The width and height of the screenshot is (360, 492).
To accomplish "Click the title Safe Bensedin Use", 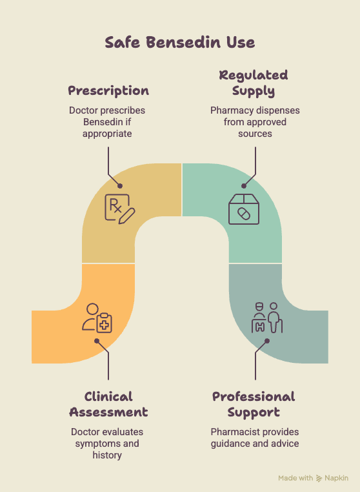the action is click(180, 43).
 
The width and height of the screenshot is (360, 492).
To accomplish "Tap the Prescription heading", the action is click(108, 91).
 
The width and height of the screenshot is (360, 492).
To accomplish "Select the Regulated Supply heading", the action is click(254, 83).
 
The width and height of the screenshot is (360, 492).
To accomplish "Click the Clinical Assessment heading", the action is click(108, 404).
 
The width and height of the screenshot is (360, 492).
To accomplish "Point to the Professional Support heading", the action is click(254, 404).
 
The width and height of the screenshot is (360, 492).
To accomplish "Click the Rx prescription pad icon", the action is click(119, 209).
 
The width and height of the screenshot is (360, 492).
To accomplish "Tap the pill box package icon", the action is click(244, 209).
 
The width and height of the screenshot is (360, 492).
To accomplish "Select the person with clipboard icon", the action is click(97, 318).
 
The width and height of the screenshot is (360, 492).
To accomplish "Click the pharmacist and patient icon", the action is click(267, 318).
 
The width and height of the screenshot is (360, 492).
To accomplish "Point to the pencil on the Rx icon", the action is click(127, 216).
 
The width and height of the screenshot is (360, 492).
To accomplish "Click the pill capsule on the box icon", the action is click(244, 214).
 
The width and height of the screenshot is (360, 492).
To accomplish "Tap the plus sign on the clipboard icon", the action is click(104, 325).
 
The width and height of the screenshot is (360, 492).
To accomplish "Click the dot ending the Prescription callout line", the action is click(120, 186).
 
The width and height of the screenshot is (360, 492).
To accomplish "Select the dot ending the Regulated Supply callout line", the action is click(244, 186).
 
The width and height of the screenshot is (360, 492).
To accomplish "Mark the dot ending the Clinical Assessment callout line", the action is click(97, 341).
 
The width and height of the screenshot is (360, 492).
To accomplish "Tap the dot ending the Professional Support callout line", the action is click(267, 341).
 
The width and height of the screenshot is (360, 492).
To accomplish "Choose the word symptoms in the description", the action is click(94, 444).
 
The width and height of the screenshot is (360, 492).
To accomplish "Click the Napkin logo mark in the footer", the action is click(319, 478).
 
